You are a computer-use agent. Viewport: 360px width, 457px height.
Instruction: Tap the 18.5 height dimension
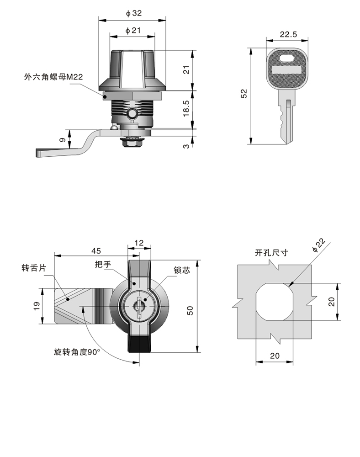click(186, 108)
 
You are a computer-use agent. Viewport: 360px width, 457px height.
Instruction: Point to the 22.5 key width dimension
click(289, 34)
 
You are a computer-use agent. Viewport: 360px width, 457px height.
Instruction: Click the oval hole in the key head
click(288, 58)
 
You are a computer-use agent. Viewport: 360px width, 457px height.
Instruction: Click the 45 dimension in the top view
click(96, 251)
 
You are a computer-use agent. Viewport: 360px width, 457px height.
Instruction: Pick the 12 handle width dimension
click(139, 243)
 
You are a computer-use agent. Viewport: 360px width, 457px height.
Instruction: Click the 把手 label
click(102, 265)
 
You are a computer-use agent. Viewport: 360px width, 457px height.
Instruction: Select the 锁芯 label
click(181, 270)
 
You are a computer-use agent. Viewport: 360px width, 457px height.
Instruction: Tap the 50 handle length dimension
click(191, 310)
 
